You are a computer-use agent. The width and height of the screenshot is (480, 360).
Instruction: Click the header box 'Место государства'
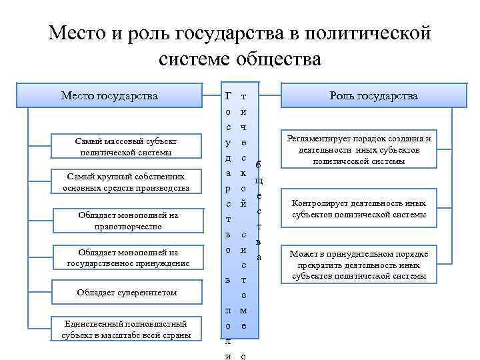pyautogui.click(x=109, y=96)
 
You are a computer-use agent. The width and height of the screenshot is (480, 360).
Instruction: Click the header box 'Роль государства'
pyautogui.click(x=373, y=96)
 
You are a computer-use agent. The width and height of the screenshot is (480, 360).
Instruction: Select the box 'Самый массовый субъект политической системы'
pyautogui.click(x=126, y=147)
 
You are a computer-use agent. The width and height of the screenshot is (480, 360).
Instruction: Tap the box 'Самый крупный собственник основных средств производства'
pyautogui.click(x=126, y=182)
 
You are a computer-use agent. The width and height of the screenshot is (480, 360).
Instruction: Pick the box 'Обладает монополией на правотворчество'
pyautogui.click(x=127, y=221)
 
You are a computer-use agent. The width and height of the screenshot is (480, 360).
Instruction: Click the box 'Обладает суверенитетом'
pyautogui.click(x=127, y=293)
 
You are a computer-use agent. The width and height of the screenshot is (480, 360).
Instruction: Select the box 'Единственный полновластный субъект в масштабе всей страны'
pyautogui.click(x=126, y=329)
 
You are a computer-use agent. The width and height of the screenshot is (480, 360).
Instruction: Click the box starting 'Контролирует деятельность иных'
pyautogui.click(x=359, y=209)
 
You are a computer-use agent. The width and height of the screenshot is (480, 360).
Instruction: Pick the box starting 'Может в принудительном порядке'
pyautogui.click(x=359, y=265)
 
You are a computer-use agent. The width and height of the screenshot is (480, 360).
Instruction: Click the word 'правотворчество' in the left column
pyautogui.click(x=127, y=227)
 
